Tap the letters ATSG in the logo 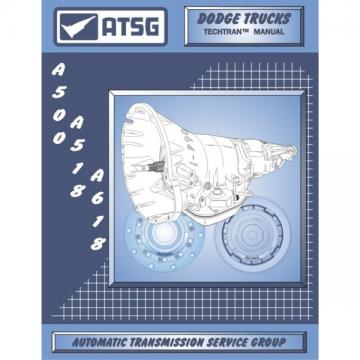tap(131, 27)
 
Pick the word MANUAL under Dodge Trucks tap(269, 32)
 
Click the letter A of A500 tap(58, 70)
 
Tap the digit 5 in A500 tap(58, 93)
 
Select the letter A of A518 tap(77, 123)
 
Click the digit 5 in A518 tap(77, 145)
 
